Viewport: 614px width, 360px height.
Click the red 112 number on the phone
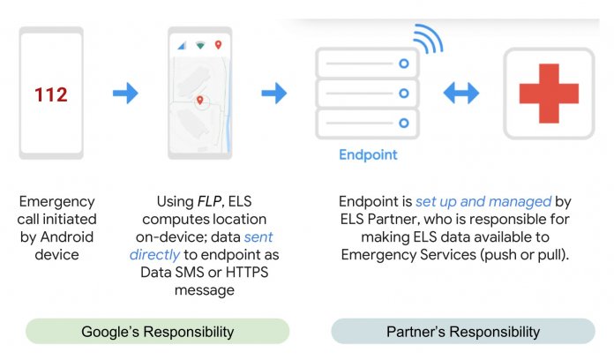coord(51,94)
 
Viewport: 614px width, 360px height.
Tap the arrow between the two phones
coord(125,94)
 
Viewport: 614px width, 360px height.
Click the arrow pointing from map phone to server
coord(274,94)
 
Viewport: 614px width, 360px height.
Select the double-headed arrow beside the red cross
coord(460,94)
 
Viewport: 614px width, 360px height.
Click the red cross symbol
coord(549,94)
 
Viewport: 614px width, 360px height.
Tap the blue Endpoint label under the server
coord(368,154)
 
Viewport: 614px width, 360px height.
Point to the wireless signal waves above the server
coord(429,39)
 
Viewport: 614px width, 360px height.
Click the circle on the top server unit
coord(404,64)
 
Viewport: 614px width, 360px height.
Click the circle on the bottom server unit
coord(404,123)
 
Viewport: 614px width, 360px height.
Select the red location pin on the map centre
coord(199,101)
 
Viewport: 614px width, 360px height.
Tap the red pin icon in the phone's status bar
coord(219,45)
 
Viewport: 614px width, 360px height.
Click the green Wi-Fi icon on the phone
coord(200,45)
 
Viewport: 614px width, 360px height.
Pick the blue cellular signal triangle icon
coord(182,46)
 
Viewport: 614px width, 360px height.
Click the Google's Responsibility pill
coord(157,332)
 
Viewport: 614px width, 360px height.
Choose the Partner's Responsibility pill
coord(463,332)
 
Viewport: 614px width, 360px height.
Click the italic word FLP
coord(210,201)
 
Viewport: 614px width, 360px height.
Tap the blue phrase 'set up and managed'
coord(483,202)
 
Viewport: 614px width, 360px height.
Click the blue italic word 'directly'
coord(154,255)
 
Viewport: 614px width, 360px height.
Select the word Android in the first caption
coord(67,237)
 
